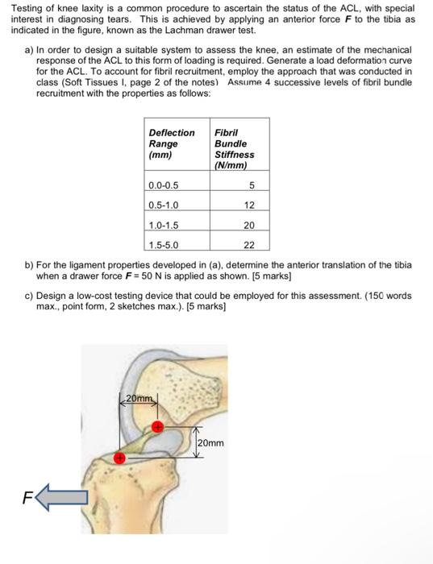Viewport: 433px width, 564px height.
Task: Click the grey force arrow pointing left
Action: tap(62, 497)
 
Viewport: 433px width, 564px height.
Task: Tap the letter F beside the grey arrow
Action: tap(27, 498)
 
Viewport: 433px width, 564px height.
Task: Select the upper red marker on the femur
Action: tap(157, 427)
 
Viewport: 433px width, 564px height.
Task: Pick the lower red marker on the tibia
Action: tap(119, 458)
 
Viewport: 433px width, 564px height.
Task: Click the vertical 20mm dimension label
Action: tap(211, 443)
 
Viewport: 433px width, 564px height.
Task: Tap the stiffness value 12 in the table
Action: tap(249, 205)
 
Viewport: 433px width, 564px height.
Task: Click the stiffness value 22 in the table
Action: tap(249, 245)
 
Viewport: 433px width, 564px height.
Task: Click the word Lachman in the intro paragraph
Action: tap(180, 31)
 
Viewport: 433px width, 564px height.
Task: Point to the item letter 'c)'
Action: tap(29, 296)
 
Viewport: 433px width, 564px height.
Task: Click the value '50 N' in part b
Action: tap(152, 276)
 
